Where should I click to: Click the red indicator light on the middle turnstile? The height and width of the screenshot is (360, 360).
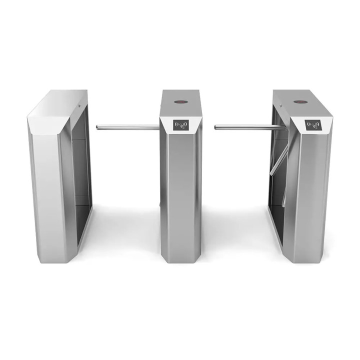[180, 102]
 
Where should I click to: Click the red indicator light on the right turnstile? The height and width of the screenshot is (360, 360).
[299, 101]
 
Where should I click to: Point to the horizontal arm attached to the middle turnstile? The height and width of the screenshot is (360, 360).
[127, 127]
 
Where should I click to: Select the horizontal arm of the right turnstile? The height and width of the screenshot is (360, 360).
[247, 127]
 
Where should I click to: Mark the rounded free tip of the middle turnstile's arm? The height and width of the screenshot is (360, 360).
[97, 127]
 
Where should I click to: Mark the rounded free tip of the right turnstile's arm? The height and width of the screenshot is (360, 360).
[216, 127]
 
